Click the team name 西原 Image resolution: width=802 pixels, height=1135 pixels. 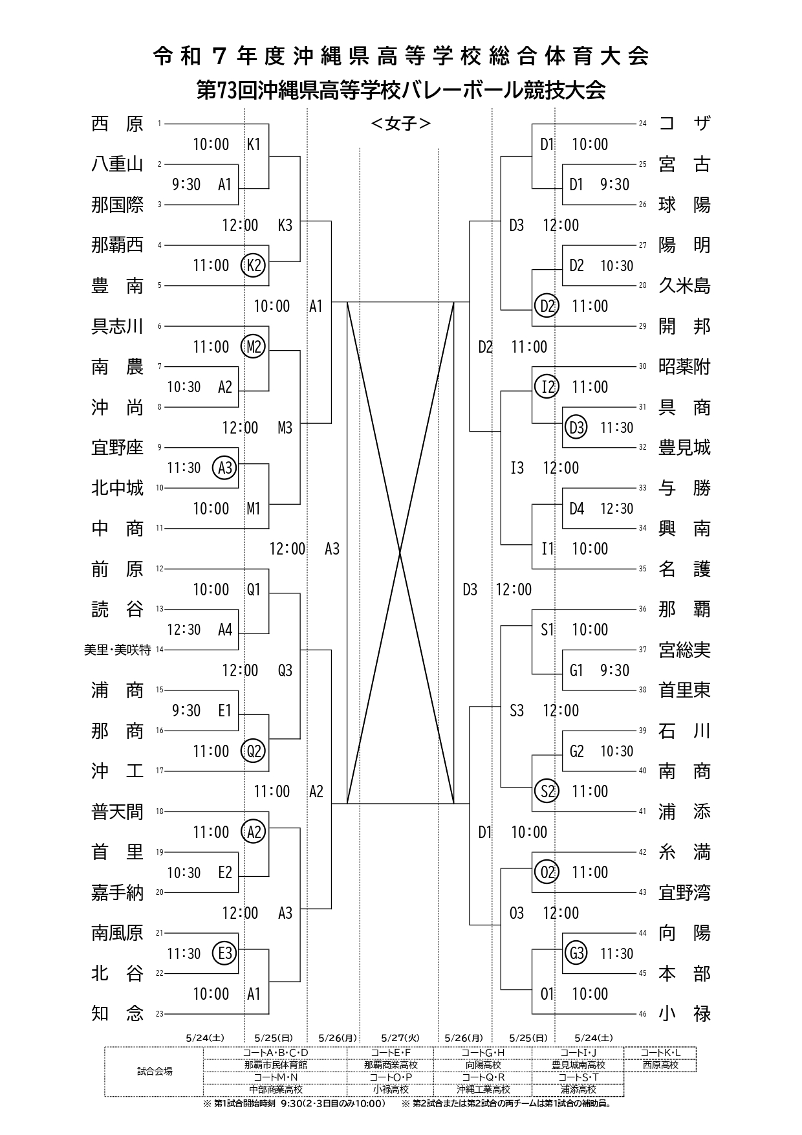(x=117, y=124)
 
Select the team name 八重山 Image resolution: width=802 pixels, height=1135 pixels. (x=117, y=164)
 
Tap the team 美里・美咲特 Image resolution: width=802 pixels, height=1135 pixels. (x=117, y=650)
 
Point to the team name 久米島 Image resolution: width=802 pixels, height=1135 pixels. (x=684, y=285)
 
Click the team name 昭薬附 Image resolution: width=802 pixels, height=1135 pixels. (x=684, y=366)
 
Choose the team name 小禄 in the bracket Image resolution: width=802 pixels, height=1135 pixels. (x=684, y=1013)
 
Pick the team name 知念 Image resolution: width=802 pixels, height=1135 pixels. (x=117, y=1013)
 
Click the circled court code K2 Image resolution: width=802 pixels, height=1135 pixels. (x=253, y=265)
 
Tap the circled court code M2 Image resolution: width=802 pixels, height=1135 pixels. (x=253, y=347)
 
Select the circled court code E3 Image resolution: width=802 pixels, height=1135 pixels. (x=225, y=953)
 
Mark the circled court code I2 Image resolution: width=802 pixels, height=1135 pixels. (x=547, y=387)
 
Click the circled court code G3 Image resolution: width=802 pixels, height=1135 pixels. (x=576, y=953)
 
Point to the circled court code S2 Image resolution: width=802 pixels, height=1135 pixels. (x=547, y=791)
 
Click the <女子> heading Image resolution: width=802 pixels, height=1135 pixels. (x=400, y=124)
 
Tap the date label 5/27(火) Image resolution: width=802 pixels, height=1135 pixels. (x=400, y=1038)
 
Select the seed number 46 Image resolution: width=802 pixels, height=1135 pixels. (x=642, y=1014)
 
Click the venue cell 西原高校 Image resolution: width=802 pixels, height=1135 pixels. (x=660, y=1064)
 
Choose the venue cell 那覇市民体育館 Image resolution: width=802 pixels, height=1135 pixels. (x=276, y=1064)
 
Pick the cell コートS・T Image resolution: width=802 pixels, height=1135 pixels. (x=578, y=1077)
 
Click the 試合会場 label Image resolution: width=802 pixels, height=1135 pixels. (x=155, y=1071)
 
